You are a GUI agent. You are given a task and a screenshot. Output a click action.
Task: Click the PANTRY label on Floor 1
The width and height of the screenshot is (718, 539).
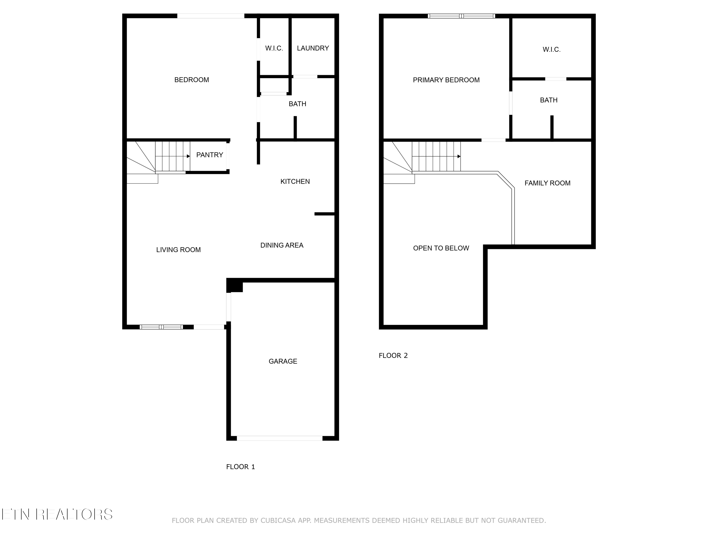pos(209,155)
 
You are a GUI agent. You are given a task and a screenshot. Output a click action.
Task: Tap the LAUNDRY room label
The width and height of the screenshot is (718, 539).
pos(313,48)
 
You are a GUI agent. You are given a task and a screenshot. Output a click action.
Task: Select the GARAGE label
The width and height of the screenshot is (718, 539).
pos(283,361)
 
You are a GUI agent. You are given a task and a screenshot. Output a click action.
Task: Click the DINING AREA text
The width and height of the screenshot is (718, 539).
pos(281,245)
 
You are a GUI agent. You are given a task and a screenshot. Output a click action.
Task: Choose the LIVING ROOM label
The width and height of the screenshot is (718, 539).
pos(178,250)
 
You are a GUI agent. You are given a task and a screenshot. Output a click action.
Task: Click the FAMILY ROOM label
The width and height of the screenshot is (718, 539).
pos(547,183)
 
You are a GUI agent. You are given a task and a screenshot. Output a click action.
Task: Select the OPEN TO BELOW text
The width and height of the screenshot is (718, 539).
pos(441,248)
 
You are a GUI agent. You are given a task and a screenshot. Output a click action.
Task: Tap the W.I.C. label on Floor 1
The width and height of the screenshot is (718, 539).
pos(274,48)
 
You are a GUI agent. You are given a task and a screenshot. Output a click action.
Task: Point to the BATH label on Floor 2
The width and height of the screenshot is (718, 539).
pos(549,100)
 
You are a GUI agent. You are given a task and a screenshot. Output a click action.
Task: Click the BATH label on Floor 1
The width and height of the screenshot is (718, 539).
pos(297,104)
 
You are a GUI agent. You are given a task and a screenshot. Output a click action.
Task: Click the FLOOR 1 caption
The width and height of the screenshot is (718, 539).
pos(240,467)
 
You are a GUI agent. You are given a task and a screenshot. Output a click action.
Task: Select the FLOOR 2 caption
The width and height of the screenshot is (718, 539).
pos(393,356)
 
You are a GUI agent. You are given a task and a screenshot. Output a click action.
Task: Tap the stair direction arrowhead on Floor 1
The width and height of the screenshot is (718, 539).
pos(188,156)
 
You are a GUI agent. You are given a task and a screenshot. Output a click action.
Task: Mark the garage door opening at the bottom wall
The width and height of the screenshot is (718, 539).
pos(280,438)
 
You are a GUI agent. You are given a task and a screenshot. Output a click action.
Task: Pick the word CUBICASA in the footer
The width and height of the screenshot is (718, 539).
pos(278,521)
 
